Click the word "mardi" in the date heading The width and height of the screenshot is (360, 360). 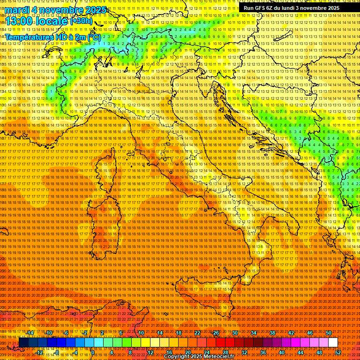tap(17, 10)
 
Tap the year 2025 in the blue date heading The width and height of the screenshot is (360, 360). tap(93, 10)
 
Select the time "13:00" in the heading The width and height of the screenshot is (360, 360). tap(19, 22)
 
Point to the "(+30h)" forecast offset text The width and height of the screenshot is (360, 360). tap(81, 21)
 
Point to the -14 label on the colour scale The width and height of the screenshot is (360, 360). tap(30, 333)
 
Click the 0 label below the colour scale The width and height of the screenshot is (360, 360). tap(93, 352)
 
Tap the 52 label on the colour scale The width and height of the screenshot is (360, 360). tap(338, 352)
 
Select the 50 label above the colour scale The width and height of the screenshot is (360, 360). tap(329, 333)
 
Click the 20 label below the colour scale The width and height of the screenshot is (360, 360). tap(187, 352)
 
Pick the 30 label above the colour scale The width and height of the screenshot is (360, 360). tap(234, 333)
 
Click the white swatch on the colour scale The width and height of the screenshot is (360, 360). tap(333, 342)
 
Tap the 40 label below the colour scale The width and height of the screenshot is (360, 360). tap(282, 352)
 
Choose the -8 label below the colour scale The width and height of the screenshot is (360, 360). tap(57, 352)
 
